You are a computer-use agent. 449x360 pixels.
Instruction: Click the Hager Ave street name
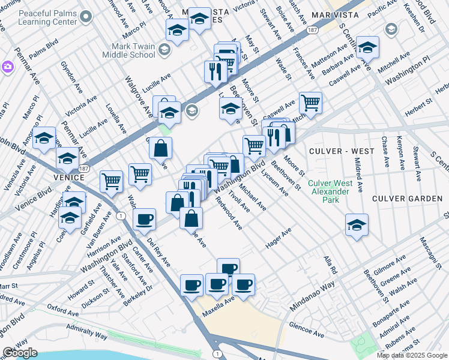point(278,238)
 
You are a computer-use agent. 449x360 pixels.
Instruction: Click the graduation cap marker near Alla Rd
point(357,225)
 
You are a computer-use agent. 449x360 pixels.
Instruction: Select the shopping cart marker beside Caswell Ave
point(310,103)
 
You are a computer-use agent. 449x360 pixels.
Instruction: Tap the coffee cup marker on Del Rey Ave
point(144,220)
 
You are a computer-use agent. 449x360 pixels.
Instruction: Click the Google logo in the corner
point(20,353)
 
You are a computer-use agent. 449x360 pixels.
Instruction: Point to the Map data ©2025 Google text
point(412,355)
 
